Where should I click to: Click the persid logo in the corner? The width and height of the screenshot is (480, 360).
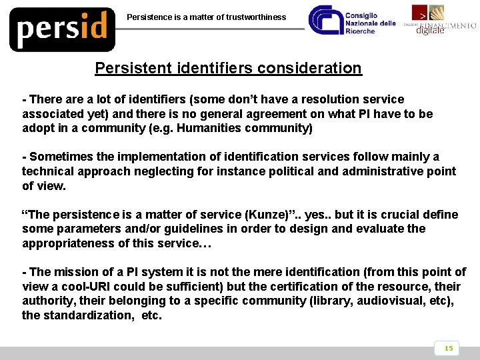click(62, 29)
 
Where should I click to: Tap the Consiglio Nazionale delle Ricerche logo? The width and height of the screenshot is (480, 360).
click(353, 23)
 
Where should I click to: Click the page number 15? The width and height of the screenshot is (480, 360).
click(448, 348)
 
